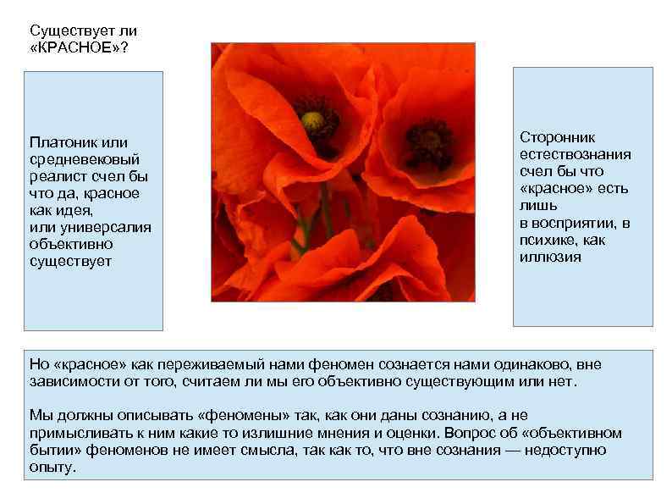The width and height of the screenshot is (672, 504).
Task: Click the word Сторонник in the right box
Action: (x=558, y=136)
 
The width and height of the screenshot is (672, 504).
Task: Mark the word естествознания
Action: (x=575, y=153)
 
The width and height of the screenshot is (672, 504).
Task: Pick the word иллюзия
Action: (x=550, y=257)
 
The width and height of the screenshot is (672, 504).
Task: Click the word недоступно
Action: (x=565, y=449)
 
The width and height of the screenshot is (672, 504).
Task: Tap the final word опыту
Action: (x=52, y=467)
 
